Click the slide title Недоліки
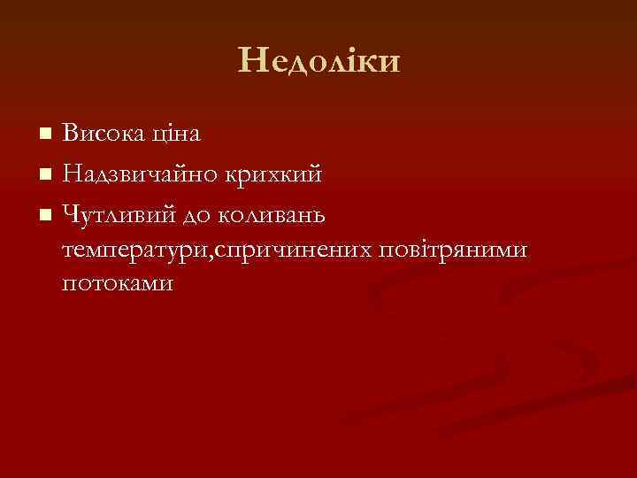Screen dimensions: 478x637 pos(318,61)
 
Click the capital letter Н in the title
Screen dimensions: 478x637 pos(251,61)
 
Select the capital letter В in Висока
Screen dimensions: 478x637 pos(70,135)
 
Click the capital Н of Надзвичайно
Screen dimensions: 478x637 pos(72,173)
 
